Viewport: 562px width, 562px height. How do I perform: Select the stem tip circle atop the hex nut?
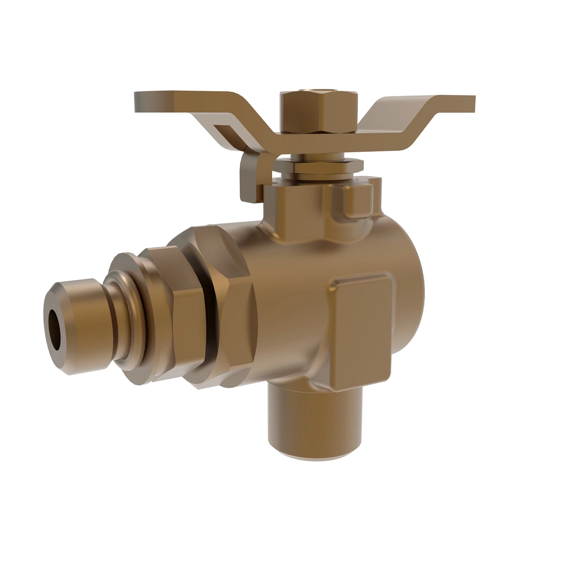320,89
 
